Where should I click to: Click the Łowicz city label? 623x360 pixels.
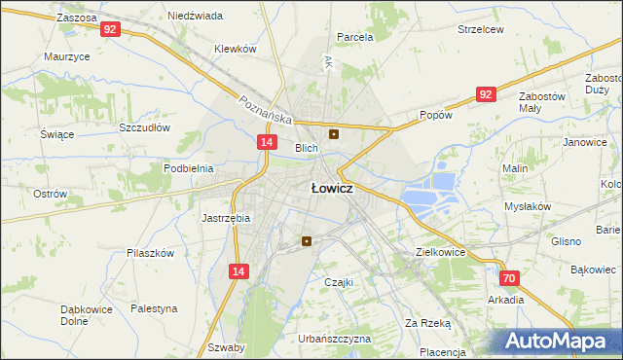click(331, 189)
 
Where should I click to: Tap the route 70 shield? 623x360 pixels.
click(510, 278)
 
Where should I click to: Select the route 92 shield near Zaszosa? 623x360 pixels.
click(110, 30)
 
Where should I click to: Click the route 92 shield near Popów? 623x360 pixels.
click(486, 93)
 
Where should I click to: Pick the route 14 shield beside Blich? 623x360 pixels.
click(266, 142)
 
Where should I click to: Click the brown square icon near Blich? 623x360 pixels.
click(335, 134)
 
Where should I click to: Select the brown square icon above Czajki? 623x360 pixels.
click(308, 241)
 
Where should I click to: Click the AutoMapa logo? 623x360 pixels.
click(558, 342)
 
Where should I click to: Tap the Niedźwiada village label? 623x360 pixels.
click(195, 17)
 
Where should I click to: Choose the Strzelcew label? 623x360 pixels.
click(481, 29)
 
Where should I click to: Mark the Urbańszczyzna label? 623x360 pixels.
click(335, 339)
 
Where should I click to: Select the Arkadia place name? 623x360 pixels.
click(506, 300)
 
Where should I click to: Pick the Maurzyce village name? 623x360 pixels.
click(67, 56)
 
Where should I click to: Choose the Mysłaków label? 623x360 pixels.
click(528, 206)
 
